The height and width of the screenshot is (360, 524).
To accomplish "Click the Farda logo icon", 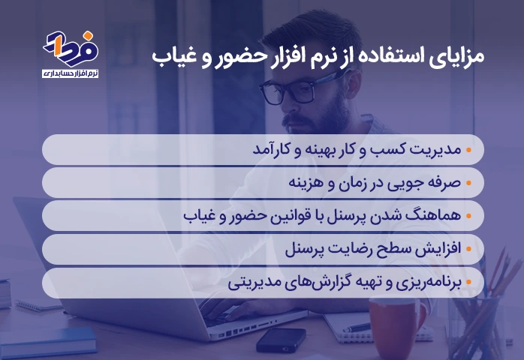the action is pos(71,49).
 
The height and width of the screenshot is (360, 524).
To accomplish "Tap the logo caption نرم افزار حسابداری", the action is pos(70,73).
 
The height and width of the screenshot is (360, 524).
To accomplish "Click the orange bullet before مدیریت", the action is pos(468,150).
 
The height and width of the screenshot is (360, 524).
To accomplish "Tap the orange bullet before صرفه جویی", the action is pos(468,183).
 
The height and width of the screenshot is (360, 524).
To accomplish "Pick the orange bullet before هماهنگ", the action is pos(468,216).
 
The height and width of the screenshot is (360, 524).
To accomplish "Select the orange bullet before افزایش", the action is pos(468,249).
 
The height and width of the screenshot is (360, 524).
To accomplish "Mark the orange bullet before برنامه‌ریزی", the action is pos(468,283).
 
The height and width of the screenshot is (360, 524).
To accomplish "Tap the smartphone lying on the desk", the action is pos(281,339).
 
